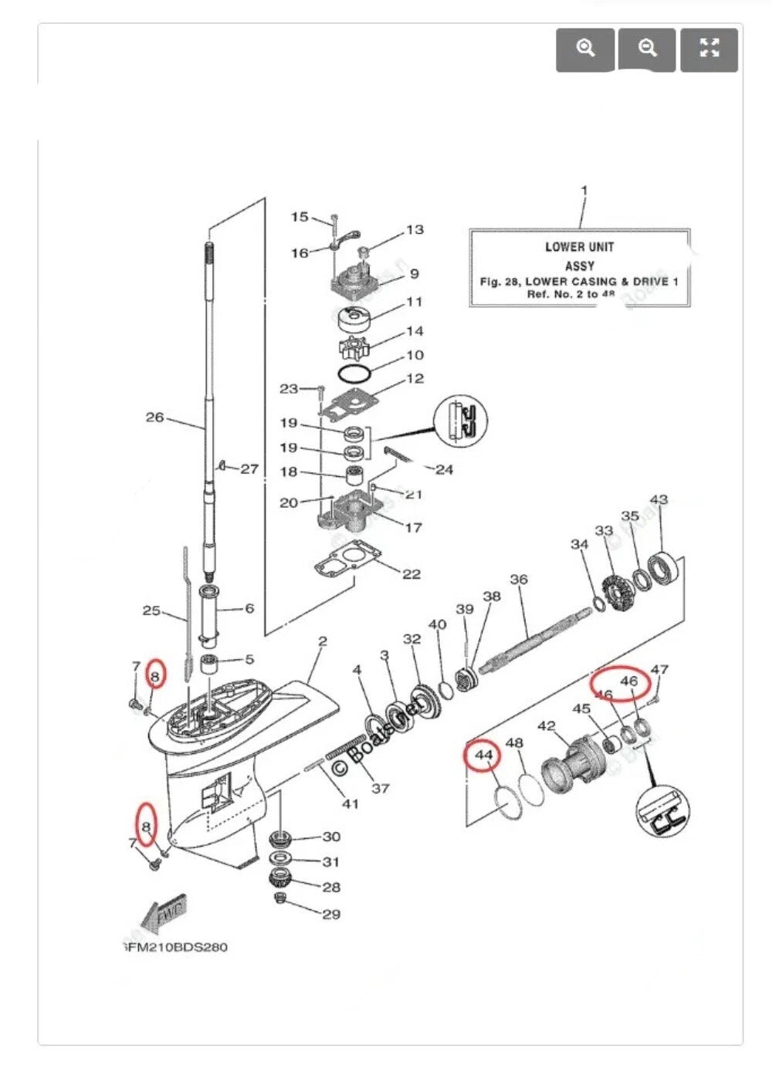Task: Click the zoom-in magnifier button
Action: (x=585, y=49)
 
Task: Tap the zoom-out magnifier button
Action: (x=647, y=49)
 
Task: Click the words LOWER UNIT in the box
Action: (x=579, y=247)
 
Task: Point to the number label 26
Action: (x=155, y=418)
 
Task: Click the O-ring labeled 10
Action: (x=354, y=373)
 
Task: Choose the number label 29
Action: (x=331, y=915)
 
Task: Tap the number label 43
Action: (x=659, y=500)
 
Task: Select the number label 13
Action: (x=415, y=230)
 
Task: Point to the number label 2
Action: (x=323, y=641)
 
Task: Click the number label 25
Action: (x=151, y=610)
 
